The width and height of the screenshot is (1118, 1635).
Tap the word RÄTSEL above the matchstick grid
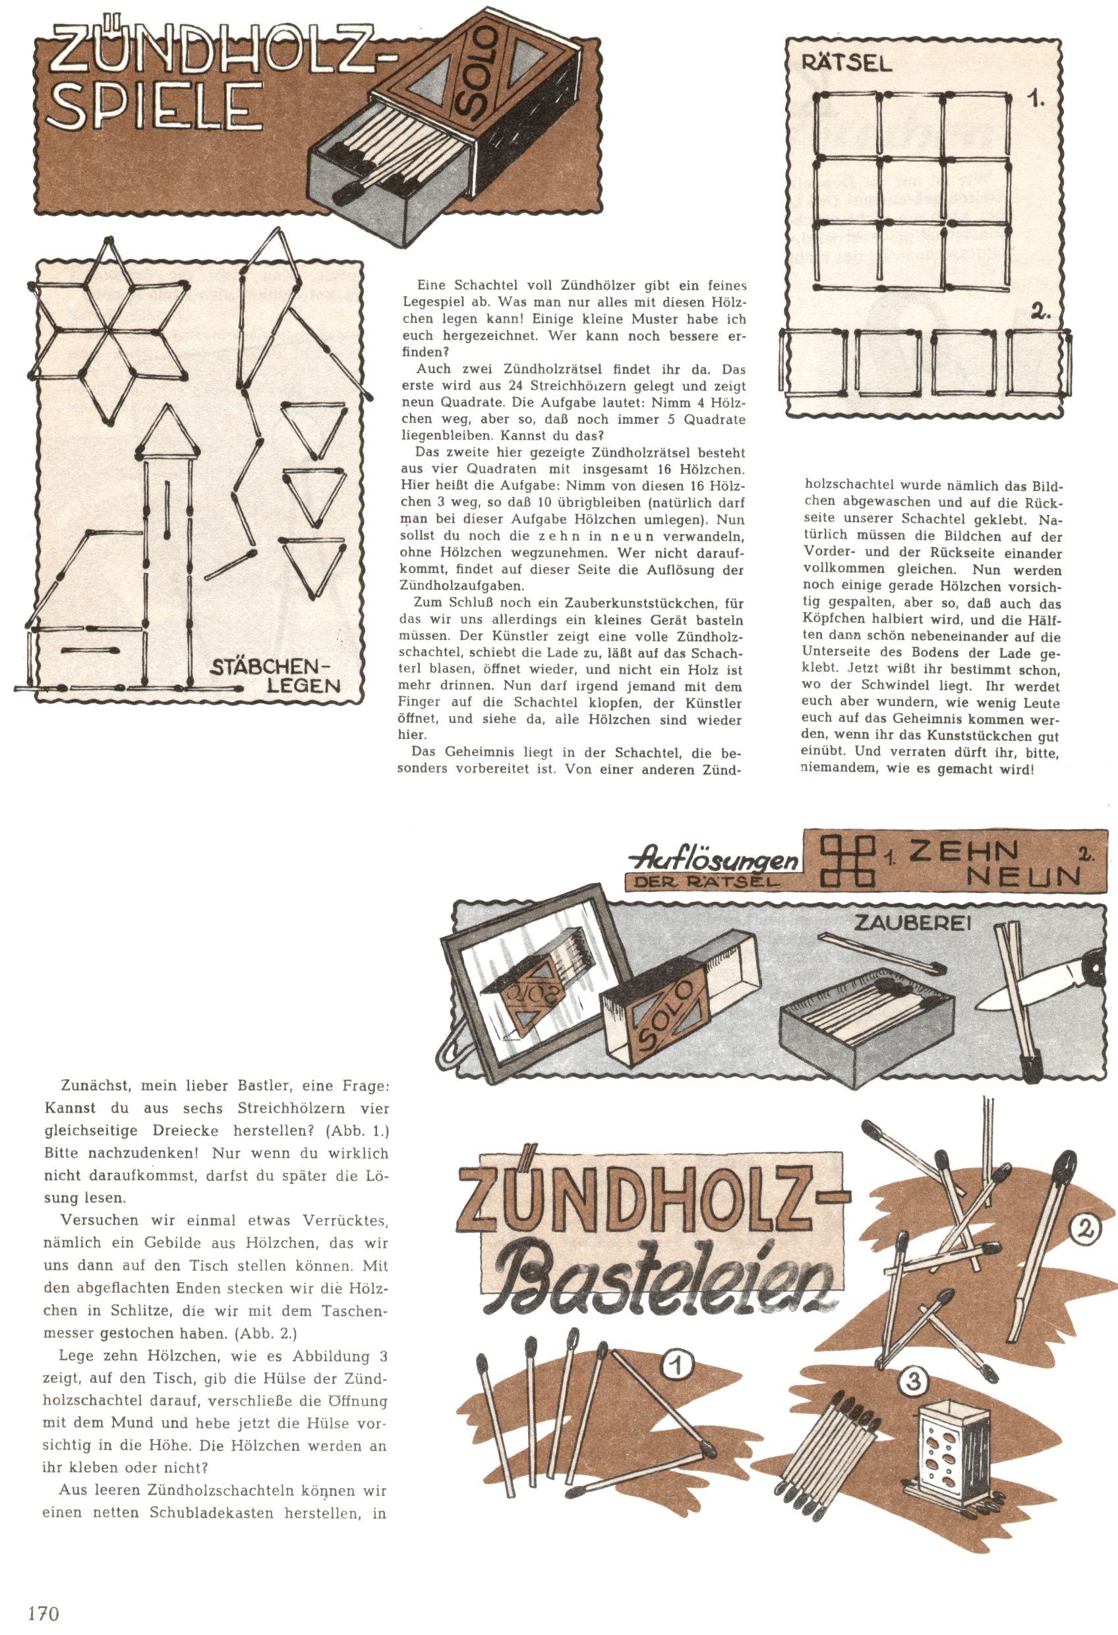846,63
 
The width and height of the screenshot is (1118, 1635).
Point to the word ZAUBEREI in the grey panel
912,923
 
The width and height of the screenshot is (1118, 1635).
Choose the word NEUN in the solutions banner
1024,877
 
